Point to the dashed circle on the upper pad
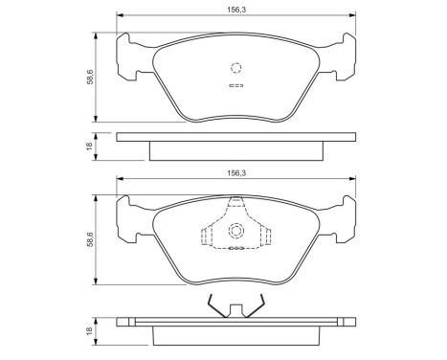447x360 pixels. coord(235,67)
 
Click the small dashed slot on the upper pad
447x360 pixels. coord(235,86)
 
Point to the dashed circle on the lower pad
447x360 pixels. coord(235,232)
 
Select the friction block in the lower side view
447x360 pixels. coord(235,335)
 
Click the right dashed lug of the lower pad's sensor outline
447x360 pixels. coord(267,238)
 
